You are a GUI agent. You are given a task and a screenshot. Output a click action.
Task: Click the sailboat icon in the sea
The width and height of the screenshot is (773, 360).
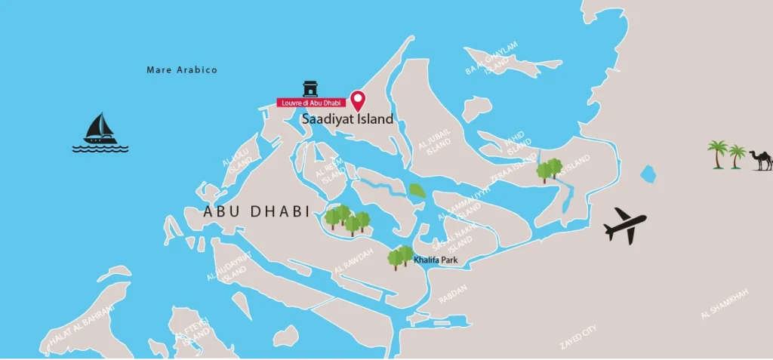point(100,131)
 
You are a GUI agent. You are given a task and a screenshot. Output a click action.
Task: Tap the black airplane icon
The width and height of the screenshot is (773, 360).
point(625,224)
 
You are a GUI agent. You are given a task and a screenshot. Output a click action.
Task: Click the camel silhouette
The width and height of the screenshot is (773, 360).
point(761,159)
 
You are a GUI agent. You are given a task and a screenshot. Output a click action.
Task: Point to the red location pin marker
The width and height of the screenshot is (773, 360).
point(359,100)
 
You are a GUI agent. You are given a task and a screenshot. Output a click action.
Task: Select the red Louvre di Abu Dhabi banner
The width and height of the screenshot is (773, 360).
point(310,102)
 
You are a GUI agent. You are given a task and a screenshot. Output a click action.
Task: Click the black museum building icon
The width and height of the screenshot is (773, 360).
point(310,88)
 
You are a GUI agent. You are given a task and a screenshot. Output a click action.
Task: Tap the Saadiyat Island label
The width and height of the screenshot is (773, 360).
point(348,119)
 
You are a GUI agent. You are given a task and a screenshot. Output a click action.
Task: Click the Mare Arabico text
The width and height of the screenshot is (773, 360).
point(182,70)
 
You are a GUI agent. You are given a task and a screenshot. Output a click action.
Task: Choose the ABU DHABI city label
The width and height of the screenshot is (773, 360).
point(257,212)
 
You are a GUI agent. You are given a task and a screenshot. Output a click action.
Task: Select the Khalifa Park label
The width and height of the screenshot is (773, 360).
point(436,260)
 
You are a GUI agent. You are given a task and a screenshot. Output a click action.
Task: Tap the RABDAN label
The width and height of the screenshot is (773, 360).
point(453,295)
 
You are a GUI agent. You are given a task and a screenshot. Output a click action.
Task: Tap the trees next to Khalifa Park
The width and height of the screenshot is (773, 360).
point(400,257)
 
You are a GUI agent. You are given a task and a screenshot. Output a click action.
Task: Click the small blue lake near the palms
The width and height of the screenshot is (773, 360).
point(648,174)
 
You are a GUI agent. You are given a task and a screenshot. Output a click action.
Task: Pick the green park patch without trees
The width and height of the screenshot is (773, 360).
point(417,191)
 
